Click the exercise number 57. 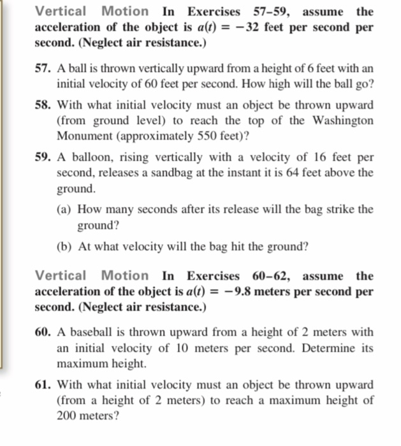[x=43, y=68]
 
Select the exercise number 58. [x=43, y=104]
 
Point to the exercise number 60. [x=43, y=332]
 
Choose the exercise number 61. [x=43, y=385]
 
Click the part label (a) [x=65, y=210]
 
